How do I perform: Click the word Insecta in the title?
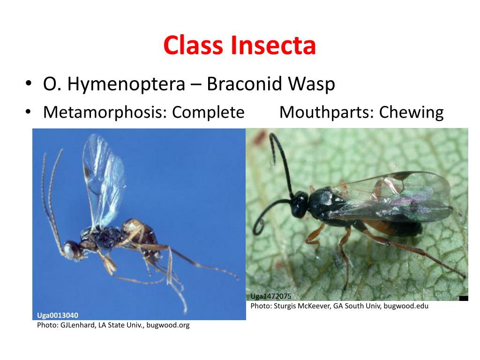[273, 45]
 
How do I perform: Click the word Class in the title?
[194, 45]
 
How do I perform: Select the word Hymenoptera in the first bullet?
[127, 84]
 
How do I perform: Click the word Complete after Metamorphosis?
[208, 112]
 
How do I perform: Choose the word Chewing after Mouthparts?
[411, 112]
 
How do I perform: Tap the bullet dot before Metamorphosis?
[29, 113]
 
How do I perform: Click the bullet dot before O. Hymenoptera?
[29, 85]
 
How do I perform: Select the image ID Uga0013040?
[58, 315]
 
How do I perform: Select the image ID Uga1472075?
[271, 296]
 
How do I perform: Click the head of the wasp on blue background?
[72, 249]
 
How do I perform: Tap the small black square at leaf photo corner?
[464, 298]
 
